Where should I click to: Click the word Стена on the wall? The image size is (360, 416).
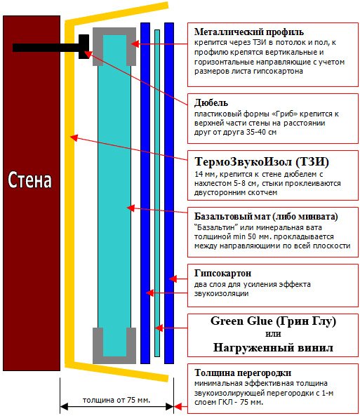click(29, 180)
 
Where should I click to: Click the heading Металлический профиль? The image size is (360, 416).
click(248, 32)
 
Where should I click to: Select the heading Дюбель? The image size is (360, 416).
click(211, 102)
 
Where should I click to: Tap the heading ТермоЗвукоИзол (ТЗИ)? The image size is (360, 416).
click(262, 161)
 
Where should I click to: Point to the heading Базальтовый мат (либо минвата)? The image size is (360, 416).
click(266, 217)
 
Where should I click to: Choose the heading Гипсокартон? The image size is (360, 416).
click(222, 273)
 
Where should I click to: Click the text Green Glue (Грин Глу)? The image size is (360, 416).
click(273, 321)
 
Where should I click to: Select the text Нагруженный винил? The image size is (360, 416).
click(273, 347)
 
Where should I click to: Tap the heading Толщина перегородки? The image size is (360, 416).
click(243, 373)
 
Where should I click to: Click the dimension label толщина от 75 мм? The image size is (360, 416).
click(116, 400)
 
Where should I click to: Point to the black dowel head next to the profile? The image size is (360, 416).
click(84, 47)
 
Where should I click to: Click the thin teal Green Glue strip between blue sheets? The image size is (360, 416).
click(157, 193)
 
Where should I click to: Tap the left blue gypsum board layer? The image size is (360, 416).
click(145, 193)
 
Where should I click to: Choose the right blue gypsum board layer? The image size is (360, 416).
click(169, 193)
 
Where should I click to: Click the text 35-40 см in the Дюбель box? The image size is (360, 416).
click(261, 132)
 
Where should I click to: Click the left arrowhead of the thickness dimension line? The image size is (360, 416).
click(64, 406)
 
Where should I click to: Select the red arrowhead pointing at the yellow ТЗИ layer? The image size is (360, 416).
click(74, 137)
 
